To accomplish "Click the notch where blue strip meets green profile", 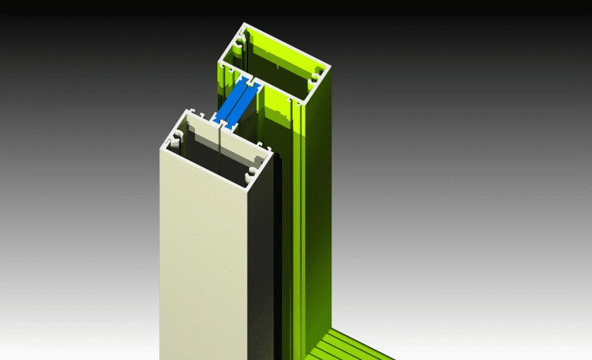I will tap(250, 81).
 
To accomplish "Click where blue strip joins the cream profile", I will tap(221, 123).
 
